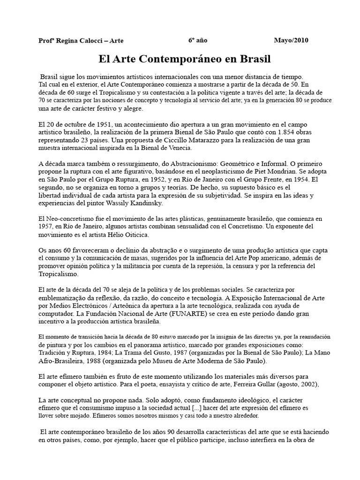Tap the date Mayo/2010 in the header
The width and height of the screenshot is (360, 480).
[x=292, y=40]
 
